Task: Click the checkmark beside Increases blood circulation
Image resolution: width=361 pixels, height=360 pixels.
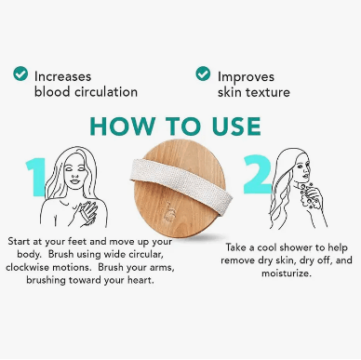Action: (x=20, y=73)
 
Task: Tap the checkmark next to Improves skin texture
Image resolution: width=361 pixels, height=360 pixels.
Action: (x=203, y=73)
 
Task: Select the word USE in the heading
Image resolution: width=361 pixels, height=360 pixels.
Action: (x=236, y=127)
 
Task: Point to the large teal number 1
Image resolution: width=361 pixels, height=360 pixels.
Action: (x=36, y=177)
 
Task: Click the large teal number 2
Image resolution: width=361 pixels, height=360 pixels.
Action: (x=257, y=175)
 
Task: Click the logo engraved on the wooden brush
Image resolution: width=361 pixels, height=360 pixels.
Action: (x=170, y=212)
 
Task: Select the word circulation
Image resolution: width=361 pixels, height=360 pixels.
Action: (x=105, y=92)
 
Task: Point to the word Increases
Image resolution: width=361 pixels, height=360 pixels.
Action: (x=62, y=76)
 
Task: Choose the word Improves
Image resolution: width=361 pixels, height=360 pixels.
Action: (x=246, y=77)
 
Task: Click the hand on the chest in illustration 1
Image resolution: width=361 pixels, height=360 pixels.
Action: (x=86, y=212)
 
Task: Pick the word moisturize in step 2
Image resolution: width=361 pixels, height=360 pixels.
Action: (x=287, y=273)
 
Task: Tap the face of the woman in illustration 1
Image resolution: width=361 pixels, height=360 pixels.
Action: (x=74, y=173)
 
